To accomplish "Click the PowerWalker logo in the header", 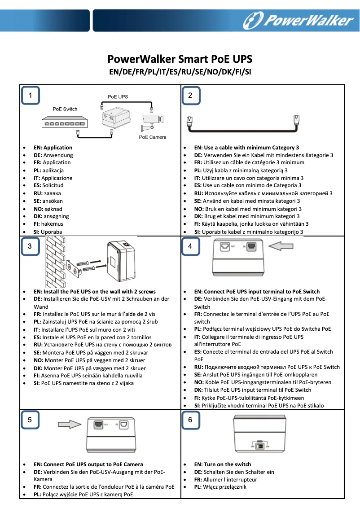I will click(298, 20).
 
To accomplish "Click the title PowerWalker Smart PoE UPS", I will click(180, 59).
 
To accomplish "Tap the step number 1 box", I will click(30, 95).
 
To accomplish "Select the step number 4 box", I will click(190, 246).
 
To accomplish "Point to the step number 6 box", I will click(190, 420).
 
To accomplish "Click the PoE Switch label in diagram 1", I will click(65, 109).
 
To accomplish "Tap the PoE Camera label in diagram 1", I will click(153, 137).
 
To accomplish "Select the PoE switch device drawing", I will click(63, 122).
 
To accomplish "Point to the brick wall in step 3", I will click(56, 260).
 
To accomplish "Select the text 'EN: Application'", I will click(53, 147).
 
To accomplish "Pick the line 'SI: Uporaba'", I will click(48, 232).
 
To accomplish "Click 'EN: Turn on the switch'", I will click(222, 464).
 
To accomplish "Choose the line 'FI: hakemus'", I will click(48, 224).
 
